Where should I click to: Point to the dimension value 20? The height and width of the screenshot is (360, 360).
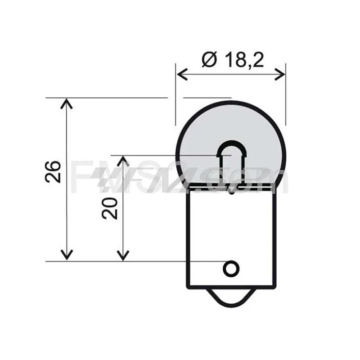coord(109,208)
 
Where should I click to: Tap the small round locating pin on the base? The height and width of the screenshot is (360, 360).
coord(231,269)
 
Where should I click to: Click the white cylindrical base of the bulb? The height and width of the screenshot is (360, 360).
coord(231,234)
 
